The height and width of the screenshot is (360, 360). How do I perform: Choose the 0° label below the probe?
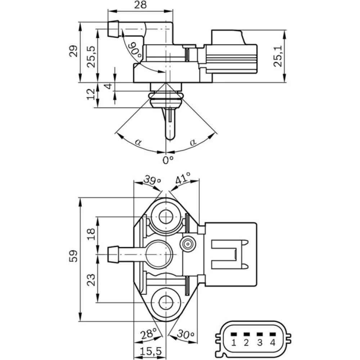coord(168,159)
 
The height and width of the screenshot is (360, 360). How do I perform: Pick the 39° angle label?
coord(152,179)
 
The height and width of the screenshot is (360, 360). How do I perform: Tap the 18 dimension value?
coord(91,234)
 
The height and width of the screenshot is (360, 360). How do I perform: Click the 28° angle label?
coord(149,334)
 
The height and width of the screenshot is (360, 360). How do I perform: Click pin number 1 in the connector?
coord(234,342)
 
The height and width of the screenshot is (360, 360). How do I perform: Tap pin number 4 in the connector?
coord(273,342)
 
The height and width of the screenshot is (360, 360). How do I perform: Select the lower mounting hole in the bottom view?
coord(166,303)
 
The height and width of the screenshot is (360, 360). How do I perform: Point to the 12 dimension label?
coord(91,94)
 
